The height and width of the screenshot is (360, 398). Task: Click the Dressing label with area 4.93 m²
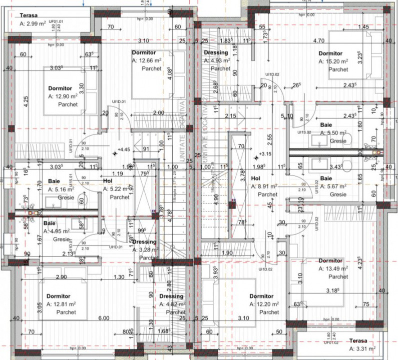[x=216, y=52]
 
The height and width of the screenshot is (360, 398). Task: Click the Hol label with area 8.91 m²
[x=255, y=178]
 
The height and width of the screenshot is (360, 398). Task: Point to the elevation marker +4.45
[x=123, y=149]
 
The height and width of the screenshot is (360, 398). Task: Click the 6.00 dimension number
[x=103, y=318]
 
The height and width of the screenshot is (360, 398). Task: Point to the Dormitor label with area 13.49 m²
[x=330, y=260]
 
